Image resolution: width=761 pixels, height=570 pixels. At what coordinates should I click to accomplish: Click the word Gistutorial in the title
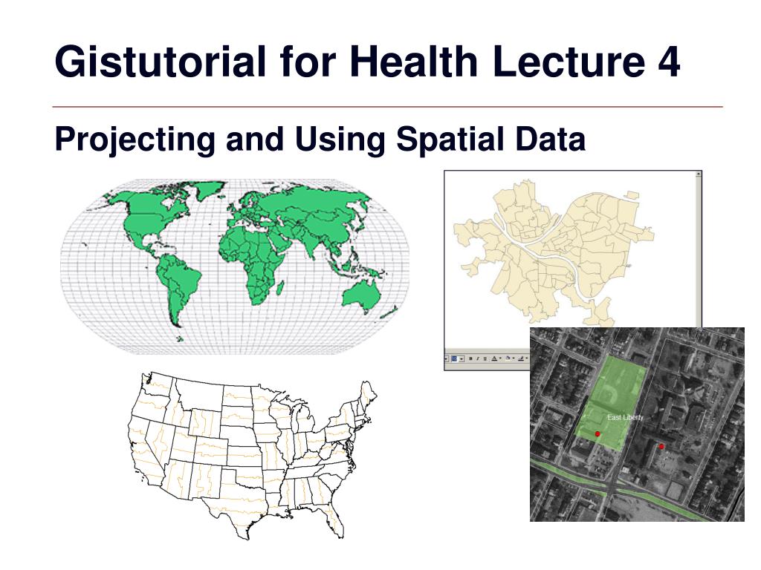tap(161, 62)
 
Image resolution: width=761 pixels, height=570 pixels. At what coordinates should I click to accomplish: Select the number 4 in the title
tap(669, 62)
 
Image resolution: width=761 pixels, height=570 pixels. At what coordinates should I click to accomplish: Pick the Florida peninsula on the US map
tap(336, 523)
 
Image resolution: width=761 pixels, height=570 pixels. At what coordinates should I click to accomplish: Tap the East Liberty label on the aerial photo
tap(625, 417)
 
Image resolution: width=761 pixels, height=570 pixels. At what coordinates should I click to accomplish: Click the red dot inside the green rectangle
tap(598, 433)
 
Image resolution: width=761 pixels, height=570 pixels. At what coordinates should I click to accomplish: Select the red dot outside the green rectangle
tap(661, 446)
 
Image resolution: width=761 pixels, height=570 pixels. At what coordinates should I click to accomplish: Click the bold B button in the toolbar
tap(470, 358)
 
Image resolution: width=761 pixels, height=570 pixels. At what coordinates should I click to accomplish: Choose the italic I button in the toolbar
tap(478, 358)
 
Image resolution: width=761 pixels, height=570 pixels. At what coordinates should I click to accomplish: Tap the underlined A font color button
tap(494, 358)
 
